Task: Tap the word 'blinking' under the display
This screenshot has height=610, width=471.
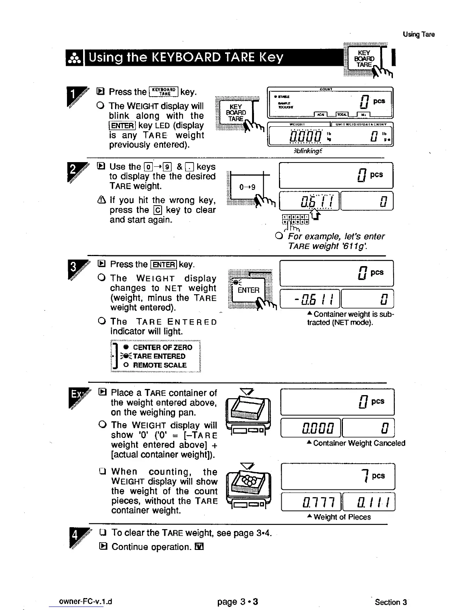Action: pos(307,151)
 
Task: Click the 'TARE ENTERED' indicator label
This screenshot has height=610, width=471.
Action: pos(159,356)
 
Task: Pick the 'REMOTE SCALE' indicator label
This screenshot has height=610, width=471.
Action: pos(159,365)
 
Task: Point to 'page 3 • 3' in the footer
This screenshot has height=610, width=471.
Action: pos(237,602)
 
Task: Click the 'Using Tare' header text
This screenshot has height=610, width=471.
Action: pos(419,34)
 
